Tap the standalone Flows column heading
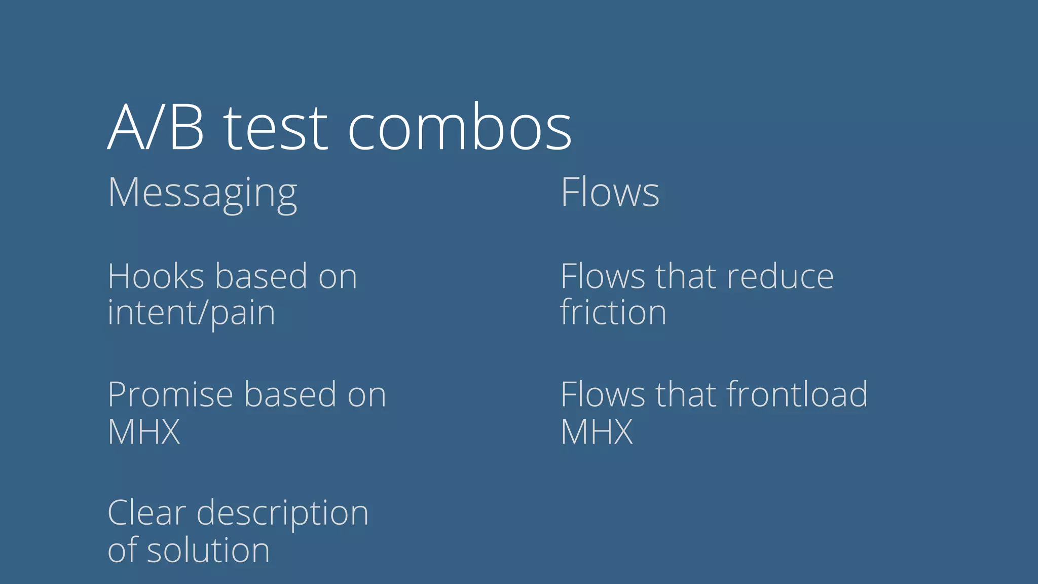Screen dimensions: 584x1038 tap(610, 193)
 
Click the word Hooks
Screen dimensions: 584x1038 tap(156, 277)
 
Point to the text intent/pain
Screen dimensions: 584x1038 tap(191, 313)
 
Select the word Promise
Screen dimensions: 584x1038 tap(170, 395)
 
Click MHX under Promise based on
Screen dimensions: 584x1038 tap(144, 432)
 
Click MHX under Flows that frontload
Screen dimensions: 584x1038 tap(597, 432)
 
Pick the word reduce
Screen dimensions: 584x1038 tap(780, 277)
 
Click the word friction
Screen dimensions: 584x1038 tap(613, 313)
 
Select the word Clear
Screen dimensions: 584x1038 tap(147, 513)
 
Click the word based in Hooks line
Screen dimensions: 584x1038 tap(261, 277)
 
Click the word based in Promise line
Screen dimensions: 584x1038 tap(290, 395)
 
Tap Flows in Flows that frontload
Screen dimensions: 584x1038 tap(603, 395)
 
